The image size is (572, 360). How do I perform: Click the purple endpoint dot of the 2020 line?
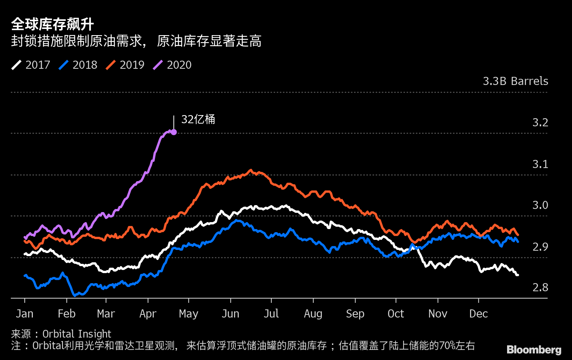[174, 132]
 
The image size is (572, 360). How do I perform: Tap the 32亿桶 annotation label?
[198, 119]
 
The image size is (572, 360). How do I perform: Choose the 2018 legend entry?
[78, 65]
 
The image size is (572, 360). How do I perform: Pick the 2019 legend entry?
[125, 65]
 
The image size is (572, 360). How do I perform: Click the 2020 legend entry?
[172, 65]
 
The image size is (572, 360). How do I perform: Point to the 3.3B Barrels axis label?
[515, 81]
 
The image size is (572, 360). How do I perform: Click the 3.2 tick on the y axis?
[540, 122]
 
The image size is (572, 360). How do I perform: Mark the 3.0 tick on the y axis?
[540, 205]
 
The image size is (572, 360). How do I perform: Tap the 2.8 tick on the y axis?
[540, 287]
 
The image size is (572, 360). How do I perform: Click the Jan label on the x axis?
[24, 314]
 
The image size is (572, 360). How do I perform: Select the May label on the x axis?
[188, 314]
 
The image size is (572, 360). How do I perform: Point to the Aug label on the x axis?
[313, 314]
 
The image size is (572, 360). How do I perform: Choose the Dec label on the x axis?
[478, 314]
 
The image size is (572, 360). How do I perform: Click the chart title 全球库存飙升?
[53, 24]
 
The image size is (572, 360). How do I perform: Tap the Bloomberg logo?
[534, 350]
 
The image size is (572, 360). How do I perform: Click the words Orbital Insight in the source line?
[77, 334]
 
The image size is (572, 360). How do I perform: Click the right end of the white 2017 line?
[518, 275]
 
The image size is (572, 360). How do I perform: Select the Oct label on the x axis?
[395, 314]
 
